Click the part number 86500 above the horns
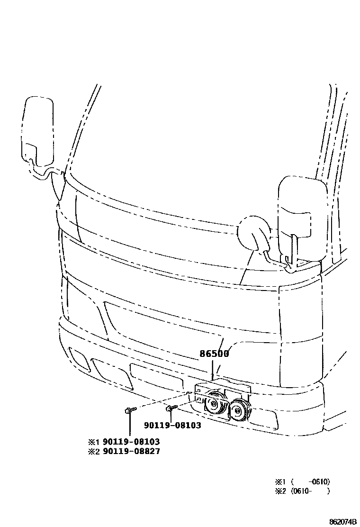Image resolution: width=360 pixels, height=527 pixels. [214, 354]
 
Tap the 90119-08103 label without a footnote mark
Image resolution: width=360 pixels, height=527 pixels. [172, 426]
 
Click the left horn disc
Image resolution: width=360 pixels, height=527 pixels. [214, 403]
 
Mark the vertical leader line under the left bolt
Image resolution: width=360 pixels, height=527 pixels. [129, 424]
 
